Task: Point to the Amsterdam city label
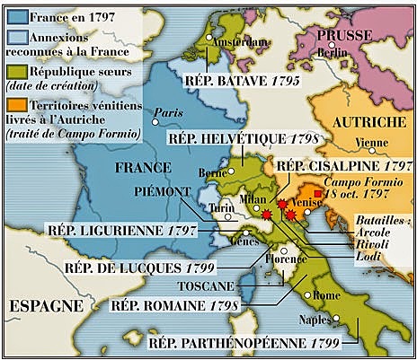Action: pos(241,41)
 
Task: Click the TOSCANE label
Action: pos(205,285)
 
